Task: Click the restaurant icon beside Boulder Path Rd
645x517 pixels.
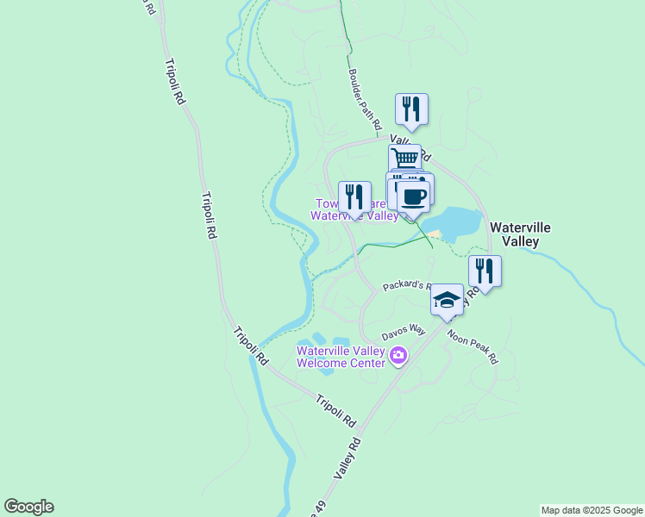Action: click(412, 109)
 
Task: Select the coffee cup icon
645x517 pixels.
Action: click(413, 196)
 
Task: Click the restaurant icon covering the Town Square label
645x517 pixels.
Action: click(354, 197)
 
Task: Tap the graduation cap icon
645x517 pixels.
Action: click(447, 300)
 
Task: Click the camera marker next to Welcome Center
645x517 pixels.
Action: click(398, 355)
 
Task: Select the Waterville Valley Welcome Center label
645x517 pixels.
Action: click(340, 357)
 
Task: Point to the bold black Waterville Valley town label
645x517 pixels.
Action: click(515, 234)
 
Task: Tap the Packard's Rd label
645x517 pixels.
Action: click(404, 285)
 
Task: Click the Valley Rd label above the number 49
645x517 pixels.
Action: click(347, 457)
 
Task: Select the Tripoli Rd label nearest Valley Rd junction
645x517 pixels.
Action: click(336, 411)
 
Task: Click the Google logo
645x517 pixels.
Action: click(28, 507)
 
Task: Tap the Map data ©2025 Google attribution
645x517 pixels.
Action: click(592, 510)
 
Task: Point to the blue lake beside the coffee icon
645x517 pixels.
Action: click(453, 221)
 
